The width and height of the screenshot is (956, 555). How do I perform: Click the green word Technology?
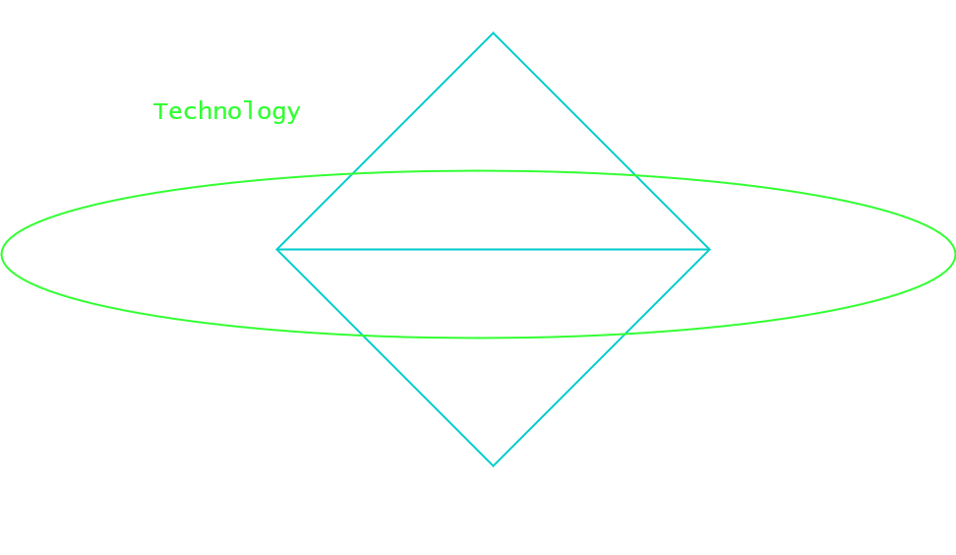click(x=227, y=111)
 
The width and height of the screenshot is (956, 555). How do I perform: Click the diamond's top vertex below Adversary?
click(x=494, y=33)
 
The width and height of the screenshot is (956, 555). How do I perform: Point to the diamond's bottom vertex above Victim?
click(x=494, y=465)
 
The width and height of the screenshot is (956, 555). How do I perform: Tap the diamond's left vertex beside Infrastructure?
click(x=278, y=249)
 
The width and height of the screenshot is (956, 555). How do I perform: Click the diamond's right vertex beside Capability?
click(x=709, y=249)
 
